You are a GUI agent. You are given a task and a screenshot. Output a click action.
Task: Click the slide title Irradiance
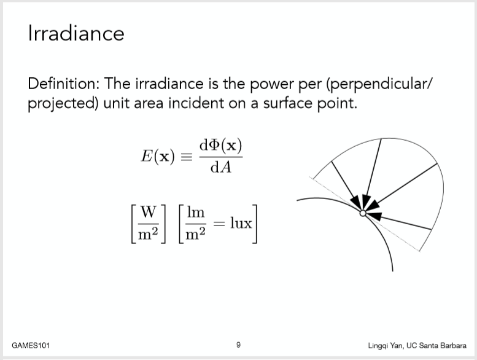pyautogui.click(x=76, y=33)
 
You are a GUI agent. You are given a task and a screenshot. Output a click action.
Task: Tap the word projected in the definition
pyautogui.click(x=60, y=104)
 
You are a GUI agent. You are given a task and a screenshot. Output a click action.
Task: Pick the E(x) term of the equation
pyautogui.click(x=158, y=157)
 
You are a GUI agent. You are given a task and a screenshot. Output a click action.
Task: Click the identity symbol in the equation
pyautogui.click(x=187, y=157)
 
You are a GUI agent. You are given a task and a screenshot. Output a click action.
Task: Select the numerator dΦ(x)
pyautogui.click(x=221, y=146)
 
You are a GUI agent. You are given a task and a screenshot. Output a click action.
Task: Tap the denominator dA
pyautogui.click(x=221, y=167)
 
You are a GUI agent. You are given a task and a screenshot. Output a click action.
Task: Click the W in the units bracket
pyautogui.click(x=149, y=212)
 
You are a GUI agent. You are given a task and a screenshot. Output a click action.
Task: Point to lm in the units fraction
pyautogui.click(x=196, y=212)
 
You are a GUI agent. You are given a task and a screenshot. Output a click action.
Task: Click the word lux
pyautogui.click(x=241, y=223)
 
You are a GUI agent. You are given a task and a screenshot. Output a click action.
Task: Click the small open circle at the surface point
pyautogui.click(x=363, y=213)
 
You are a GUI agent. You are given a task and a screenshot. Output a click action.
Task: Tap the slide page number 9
pyautogui.click(x=238, y=345)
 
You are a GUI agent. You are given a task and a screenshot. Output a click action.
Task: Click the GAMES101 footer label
pyautogui.click(x=31, y=345)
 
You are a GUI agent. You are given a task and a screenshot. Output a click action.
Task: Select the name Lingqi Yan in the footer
pyautogui.click(x=385, y=346)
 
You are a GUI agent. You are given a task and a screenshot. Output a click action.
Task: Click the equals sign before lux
pyautogui.click(x=219, y=224)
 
